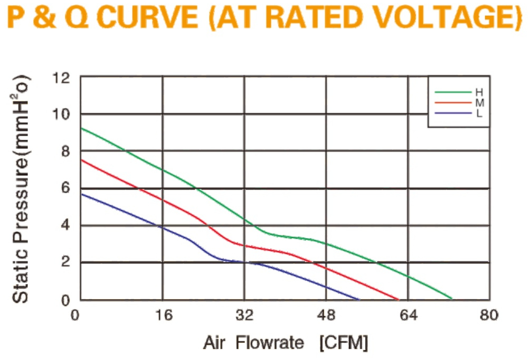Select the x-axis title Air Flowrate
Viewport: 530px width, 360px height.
point(253,343)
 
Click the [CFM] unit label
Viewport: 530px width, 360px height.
point(344,343)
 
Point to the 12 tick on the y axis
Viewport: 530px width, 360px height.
point(61,78)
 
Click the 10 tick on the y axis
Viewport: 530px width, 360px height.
point(61,114)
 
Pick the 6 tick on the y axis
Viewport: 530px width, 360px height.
point(65,188)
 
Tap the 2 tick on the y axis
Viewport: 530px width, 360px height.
point(65,262)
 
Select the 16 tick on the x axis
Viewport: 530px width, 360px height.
point(164,315)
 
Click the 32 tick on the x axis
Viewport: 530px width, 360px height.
point(244,315)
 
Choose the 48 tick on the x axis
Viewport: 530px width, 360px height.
point(326,315)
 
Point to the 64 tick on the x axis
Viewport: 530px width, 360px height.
point(409,315)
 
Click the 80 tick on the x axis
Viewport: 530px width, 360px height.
point(489,315)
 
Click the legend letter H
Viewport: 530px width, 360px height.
point(479,92)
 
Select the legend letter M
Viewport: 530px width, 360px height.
point(480,103)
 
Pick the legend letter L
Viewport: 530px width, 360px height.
point(479,113)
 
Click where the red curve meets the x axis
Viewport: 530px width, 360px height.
point(399,299)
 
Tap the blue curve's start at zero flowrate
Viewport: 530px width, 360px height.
point(81,194)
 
